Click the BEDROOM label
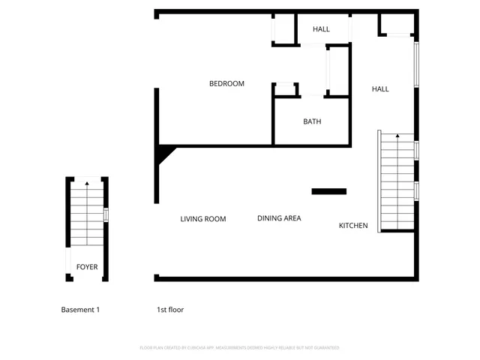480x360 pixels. click(x=226, y=84)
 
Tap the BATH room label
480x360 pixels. click(x=312, y=121)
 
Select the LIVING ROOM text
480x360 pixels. click(x=202, y=219)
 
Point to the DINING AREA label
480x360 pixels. click(x=279, y=218)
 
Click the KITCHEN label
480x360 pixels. click(x=353, y=226)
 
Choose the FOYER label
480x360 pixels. click(x=87, y=267)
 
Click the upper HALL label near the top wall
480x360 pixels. click(x=321, y=29)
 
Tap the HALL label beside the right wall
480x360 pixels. click(x=380, y=89)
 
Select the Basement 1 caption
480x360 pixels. click(x=79, y=310)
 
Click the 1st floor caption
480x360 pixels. click(x=170, y=310)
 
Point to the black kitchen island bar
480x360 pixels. click(x=329, y=191)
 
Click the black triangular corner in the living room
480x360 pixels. click(x=164, y=155)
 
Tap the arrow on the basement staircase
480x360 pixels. click(x=87, y=183)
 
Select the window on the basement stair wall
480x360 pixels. click(x=106, y=214)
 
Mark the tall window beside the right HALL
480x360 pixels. click(x=416, y=64)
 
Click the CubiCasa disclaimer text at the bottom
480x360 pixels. click(x=240, y=348)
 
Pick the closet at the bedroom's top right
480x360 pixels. click(x=283, y=29)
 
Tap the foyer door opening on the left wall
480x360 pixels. click(x=67, y=262)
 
